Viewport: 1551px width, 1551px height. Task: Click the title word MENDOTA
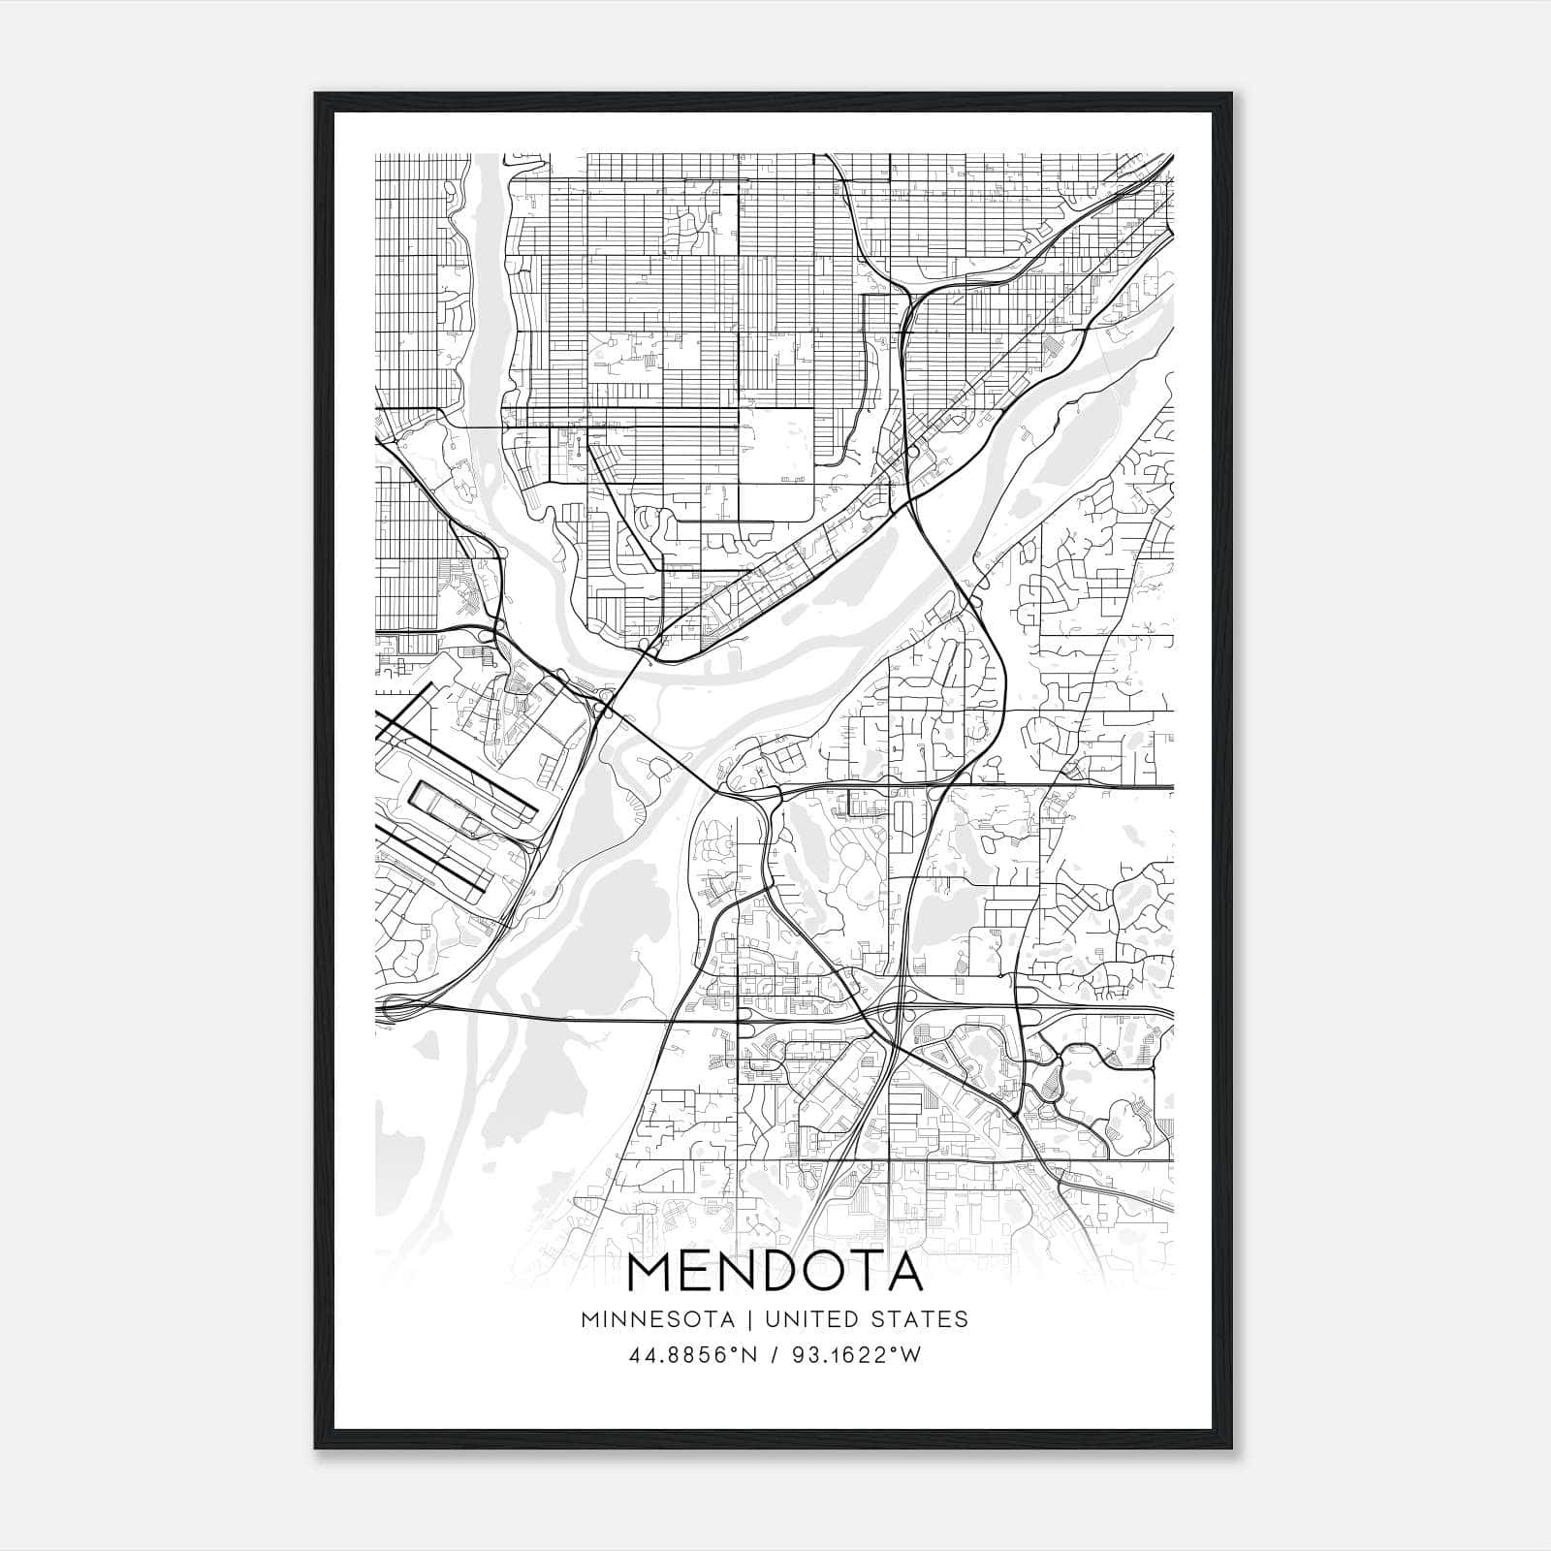click(x=775, y=1272)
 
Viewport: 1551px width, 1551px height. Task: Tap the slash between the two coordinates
click(x=773, y=1355)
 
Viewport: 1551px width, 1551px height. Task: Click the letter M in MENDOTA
click(x=651, y=1272)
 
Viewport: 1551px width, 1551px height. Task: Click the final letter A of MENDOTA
click(x=902, y=1272)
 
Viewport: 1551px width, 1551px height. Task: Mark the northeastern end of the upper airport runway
click(x=431, y=685)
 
